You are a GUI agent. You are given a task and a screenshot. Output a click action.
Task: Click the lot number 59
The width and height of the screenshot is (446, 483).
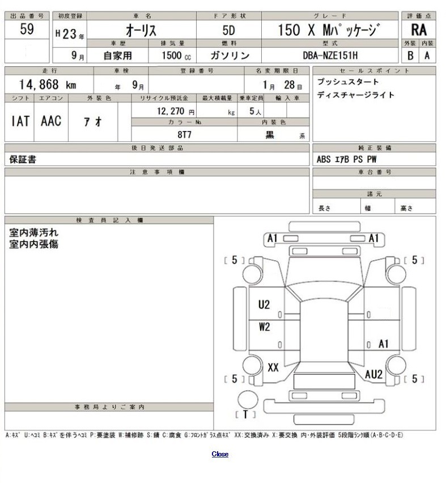[26, 30]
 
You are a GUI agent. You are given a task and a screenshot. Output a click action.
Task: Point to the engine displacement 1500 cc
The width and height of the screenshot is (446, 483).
[172, 55]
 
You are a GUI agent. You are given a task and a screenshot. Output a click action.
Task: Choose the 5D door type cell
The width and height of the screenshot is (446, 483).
[228, 31]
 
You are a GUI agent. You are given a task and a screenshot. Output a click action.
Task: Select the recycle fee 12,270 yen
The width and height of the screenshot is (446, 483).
[176, 112]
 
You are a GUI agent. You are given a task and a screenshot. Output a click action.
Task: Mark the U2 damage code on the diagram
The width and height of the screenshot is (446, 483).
[264, 304]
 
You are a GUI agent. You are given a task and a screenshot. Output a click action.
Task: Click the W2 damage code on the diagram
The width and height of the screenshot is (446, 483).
[264, 327]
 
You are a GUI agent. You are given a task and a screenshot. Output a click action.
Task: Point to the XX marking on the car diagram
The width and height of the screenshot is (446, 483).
[273, 367]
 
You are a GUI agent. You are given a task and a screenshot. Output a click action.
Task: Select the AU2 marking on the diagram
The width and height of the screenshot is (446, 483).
[373, 374]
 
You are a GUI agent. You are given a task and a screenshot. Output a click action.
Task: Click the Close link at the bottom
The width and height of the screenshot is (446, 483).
[220, 454]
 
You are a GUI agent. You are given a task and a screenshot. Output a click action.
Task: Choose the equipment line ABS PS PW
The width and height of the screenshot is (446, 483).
[346, 159]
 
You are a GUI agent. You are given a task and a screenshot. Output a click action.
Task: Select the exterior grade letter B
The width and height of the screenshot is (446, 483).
[411, 55]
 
